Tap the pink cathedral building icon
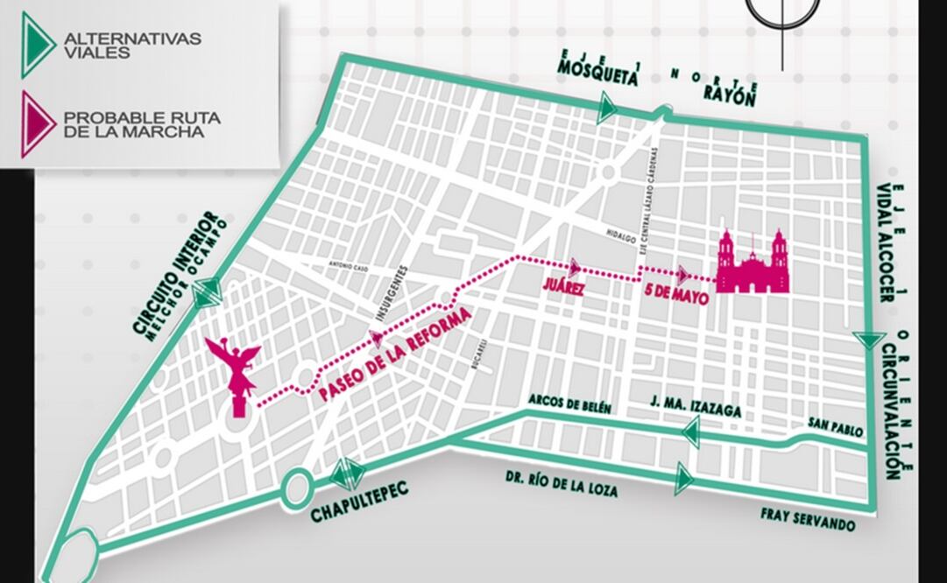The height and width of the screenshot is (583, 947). pyautogui.click(x=753, y=263)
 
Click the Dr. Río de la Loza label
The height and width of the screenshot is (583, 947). pyautogui.click(x=561, y=485)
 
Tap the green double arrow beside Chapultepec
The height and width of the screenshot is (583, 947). pyautogui.click(x=348, y=474)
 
